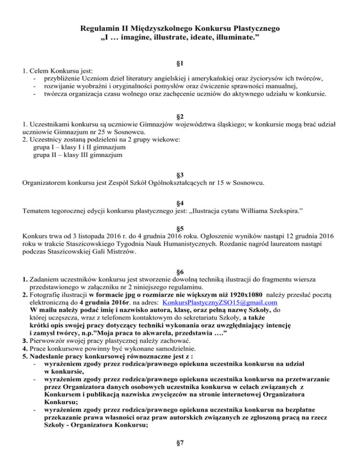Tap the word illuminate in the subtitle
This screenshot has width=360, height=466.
[234, 38]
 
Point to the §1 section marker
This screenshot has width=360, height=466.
[180, 63]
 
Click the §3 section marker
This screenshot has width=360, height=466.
[180, 174]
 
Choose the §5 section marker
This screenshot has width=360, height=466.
[180, 224]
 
